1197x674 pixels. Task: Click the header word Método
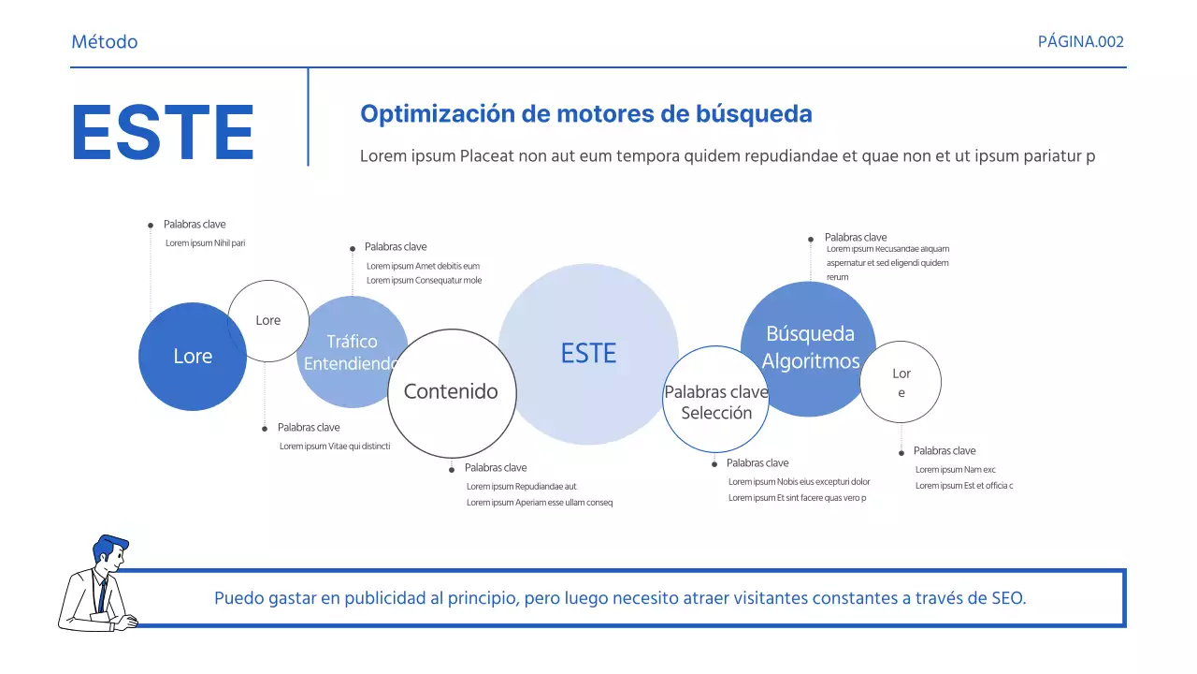point(104,42)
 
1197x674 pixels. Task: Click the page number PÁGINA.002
point(1080,42)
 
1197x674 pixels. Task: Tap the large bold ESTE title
point(163,133)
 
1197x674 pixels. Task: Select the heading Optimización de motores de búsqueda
point(585,114)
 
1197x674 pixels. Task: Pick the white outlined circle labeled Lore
point(268,320)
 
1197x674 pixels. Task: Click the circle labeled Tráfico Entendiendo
point(351,352)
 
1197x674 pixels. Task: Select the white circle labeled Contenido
point(451,392)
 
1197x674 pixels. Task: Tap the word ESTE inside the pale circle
point(588,354)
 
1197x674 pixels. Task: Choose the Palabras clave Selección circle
point(715,403)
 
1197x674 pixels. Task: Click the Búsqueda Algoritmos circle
point(810,347)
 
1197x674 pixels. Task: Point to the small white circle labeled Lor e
point(901,382)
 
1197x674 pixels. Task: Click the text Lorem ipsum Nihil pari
point(205,243)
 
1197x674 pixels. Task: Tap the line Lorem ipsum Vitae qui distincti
point(334,447)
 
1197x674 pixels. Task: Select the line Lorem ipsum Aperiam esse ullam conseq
point(539,503)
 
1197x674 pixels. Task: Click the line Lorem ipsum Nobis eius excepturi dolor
point(799,482)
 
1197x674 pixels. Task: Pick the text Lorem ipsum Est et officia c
point(963,486)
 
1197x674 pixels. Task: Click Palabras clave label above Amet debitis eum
point(395,247)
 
